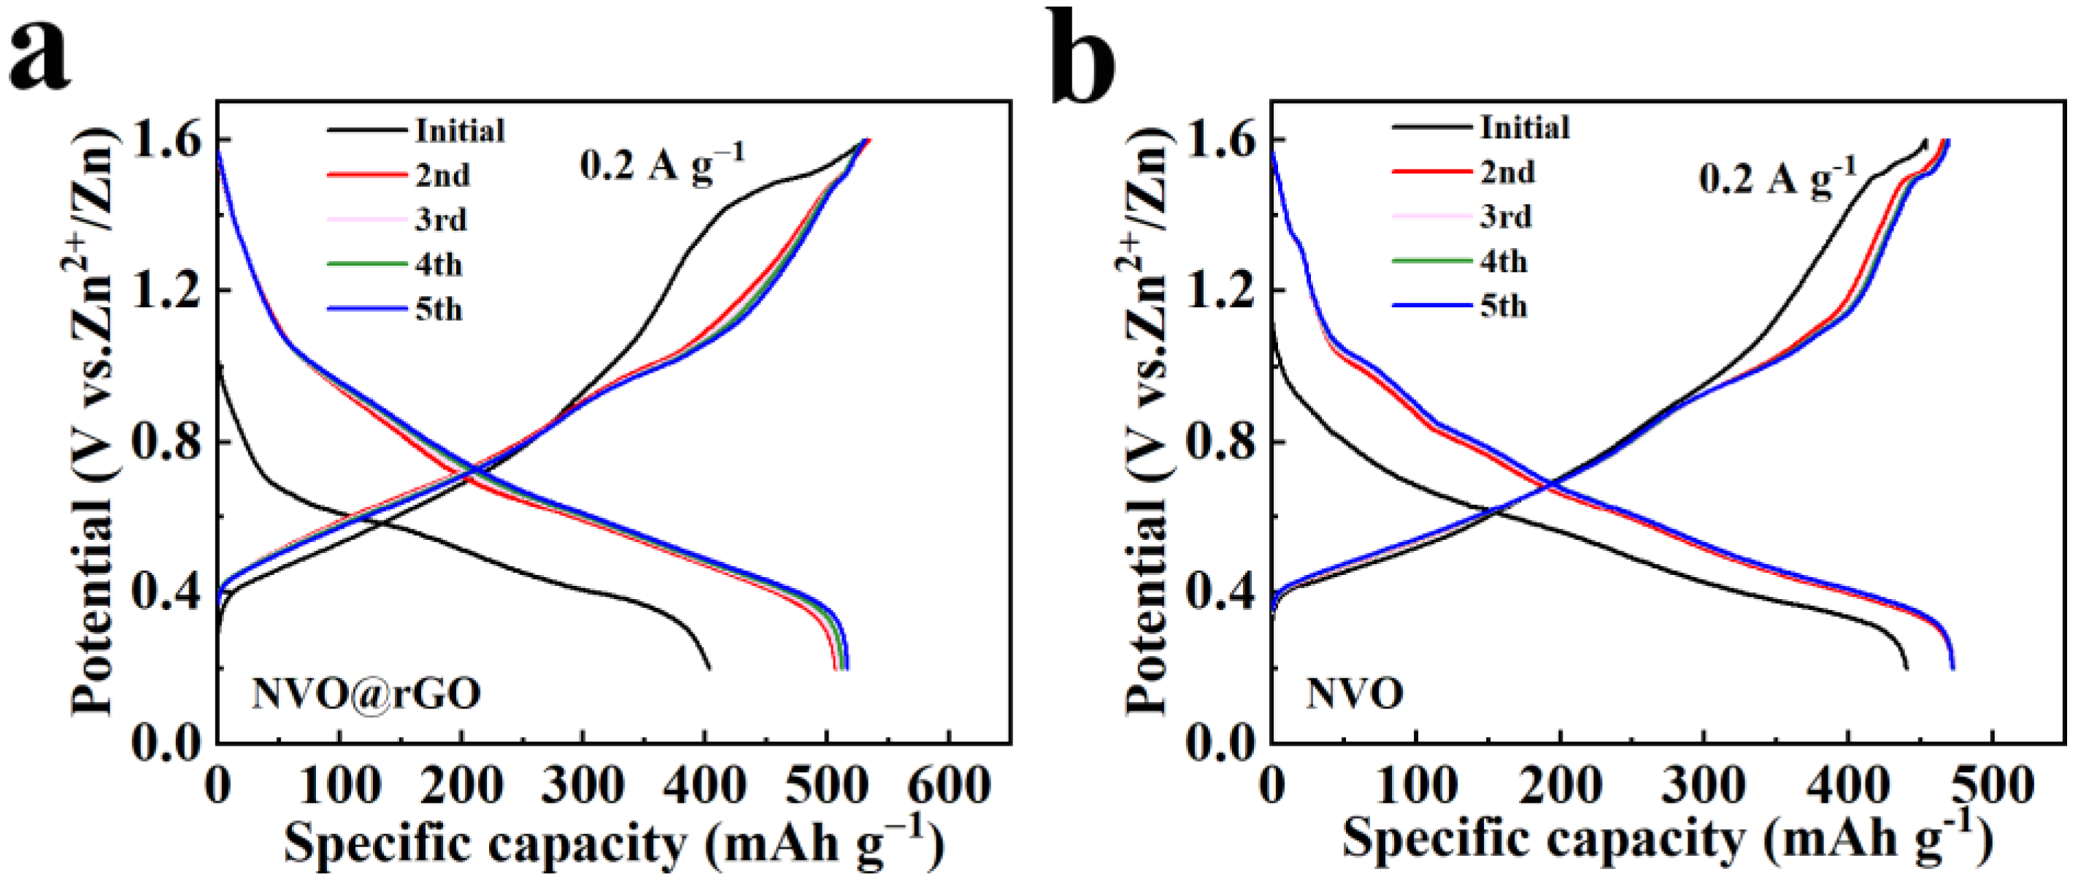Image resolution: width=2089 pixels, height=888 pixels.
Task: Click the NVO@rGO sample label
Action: pyautogui.click(x=366, y=694)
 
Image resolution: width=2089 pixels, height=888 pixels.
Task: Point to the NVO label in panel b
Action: pyautogui.click(x=1354, y=695)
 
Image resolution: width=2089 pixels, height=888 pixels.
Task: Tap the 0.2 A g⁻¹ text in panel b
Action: pyautogui.click(x=1777, y=177)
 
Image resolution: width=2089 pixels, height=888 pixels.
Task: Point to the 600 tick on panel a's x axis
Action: pyautogui.click(x=948, y=786)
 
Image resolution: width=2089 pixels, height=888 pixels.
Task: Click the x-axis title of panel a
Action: pyautogui.click(x=614, y=843)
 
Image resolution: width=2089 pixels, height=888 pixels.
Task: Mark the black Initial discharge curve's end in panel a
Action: pyautogui.click(x=709, y=668)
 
